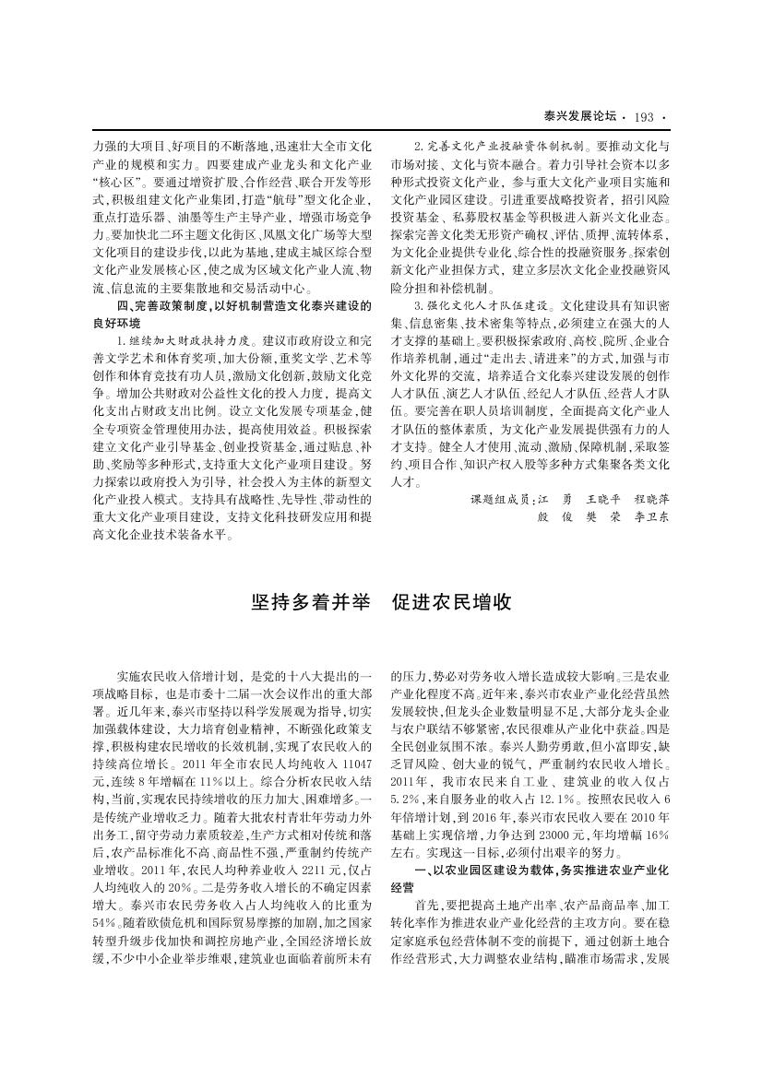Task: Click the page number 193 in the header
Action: click(644, 116)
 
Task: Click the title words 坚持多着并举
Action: click(311, 602)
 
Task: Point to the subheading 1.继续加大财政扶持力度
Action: click(177, 340)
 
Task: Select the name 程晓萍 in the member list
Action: click(651, 498)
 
